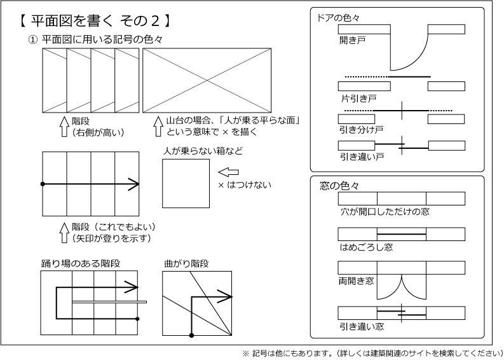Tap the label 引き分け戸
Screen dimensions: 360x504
360,130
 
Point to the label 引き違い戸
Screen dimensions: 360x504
360,156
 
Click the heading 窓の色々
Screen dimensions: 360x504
339,186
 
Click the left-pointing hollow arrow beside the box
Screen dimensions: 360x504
228,172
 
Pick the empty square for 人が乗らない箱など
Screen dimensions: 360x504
186,183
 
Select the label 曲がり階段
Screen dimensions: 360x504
186,263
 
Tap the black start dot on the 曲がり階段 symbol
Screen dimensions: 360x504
192,335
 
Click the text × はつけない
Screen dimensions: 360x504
244,185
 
